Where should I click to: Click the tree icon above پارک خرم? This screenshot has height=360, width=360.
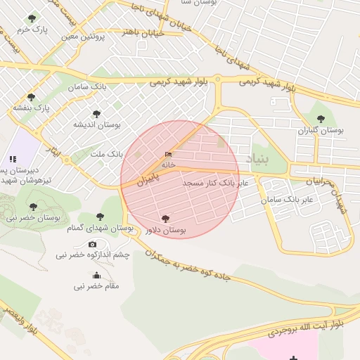pos(30,18)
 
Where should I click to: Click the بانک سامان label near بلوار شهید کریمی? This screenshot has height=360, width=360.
pos(88,86)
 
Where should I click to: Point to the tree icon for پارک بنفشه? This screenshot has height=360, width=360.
pos(30,97)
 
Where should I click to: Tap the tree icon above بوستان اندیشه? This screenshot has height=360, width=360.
pos(96,113)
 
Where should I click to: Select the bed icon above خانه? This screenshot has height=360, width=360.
pos(168,154)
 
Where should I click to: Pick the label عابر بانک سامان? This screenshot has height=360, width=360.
pos(290,200)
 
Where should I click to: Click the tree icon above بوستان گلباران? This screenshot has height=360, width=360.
pos(321,119)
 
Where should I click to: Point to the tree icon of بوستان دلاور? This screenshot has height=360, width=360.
pos(165,219)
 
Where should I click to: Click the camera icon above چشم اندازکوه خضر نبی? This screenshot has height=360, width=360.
pos(92,244)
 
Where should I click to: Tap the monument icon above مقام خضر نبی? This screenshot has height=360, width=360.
pos(96,275)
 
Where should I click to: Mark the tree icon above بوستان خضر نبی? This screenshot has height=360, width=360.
pos(33,207)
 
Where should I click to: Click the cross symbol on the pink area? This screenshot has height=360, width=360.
pos(293,358)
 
